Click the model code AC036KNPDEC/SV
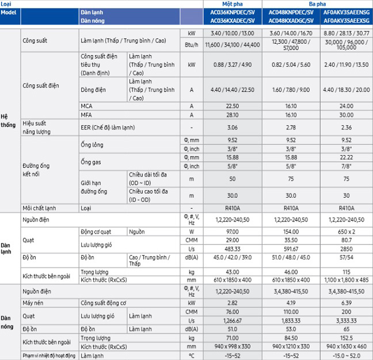click(233, 12)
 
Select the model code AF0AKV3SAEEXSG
click(347, 21)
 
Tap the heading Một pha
click(233, 4)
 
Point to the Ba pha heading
click(317, 4)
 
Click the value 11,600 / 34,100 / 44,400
click(233, 45)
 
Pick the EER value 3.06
click(233, 128)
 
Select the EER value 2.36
click(347, 128)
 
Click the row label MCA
click(86, 106)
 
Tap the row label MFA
click(86, 115)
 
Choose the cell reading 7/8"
click(347, 166)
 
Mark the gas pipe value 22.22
click(347, 158)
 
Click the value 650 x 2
click(347, 232)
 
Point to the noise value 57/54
click(347, 257)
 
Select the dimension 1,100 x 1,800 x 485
click(347, 280)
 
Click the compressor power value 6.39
click(347, 303)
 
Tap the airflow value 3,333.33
click(347, 321)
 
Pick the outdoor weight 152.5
click(347, 338)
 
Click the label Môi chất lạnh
click(39, 208)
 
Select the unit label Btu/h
click(192, 45)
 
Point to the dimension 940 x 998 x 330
click(233, 346)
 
